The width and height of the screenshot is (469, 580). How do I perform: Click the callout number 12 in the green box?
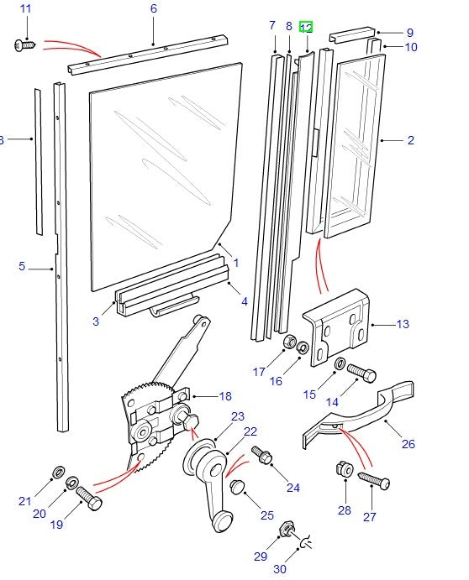tap(306, 28)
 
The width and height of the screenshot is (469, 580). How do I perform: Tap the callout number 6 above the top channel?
tap(154, 9)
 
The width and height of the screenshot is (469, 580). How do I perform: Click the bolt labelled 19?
tap(88, 500)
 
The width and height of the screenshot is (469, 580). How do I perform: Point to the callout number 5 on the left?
tap(22, 267)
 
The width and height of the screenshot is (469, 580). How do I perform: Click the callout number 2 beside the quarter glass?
tap(411, 140)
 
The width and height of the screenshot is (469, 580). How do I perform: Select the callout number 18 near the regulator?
tap(224, 396)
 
